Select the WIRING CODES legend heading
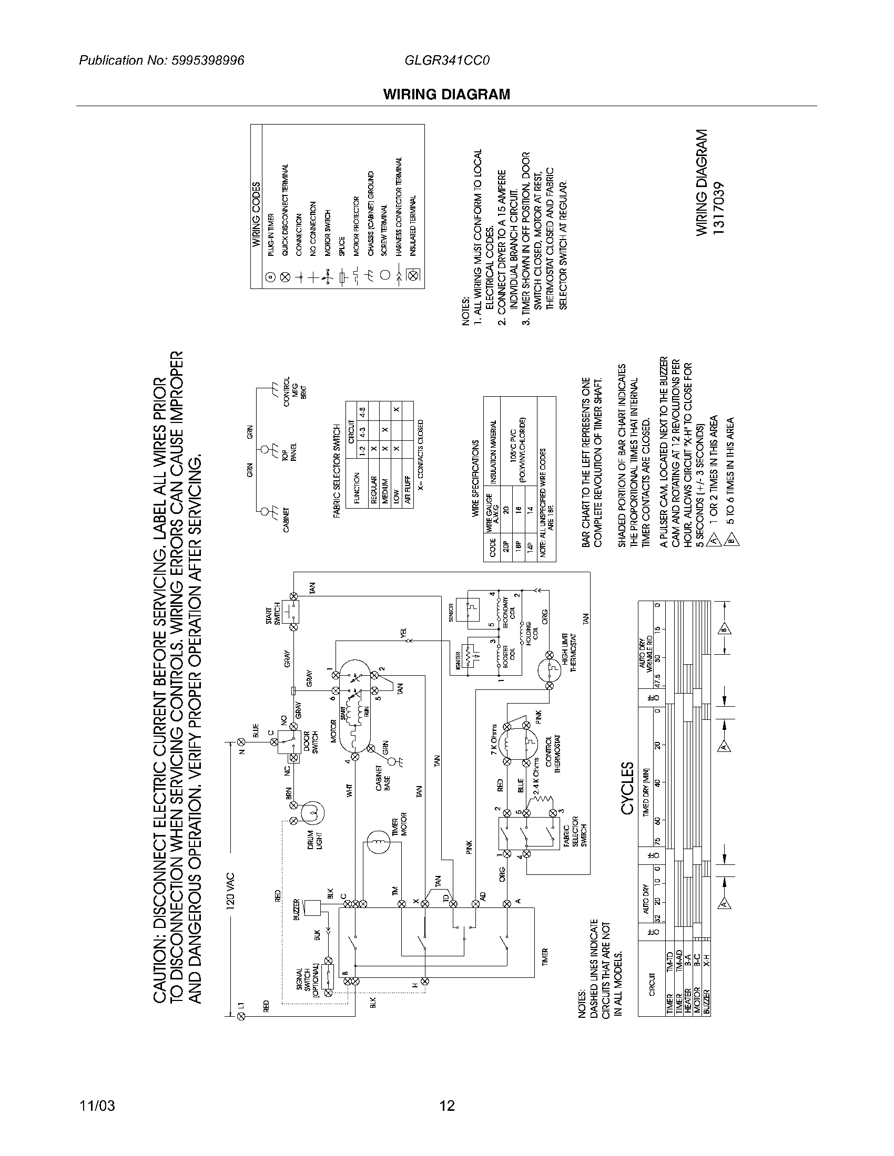pos(256,214)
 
